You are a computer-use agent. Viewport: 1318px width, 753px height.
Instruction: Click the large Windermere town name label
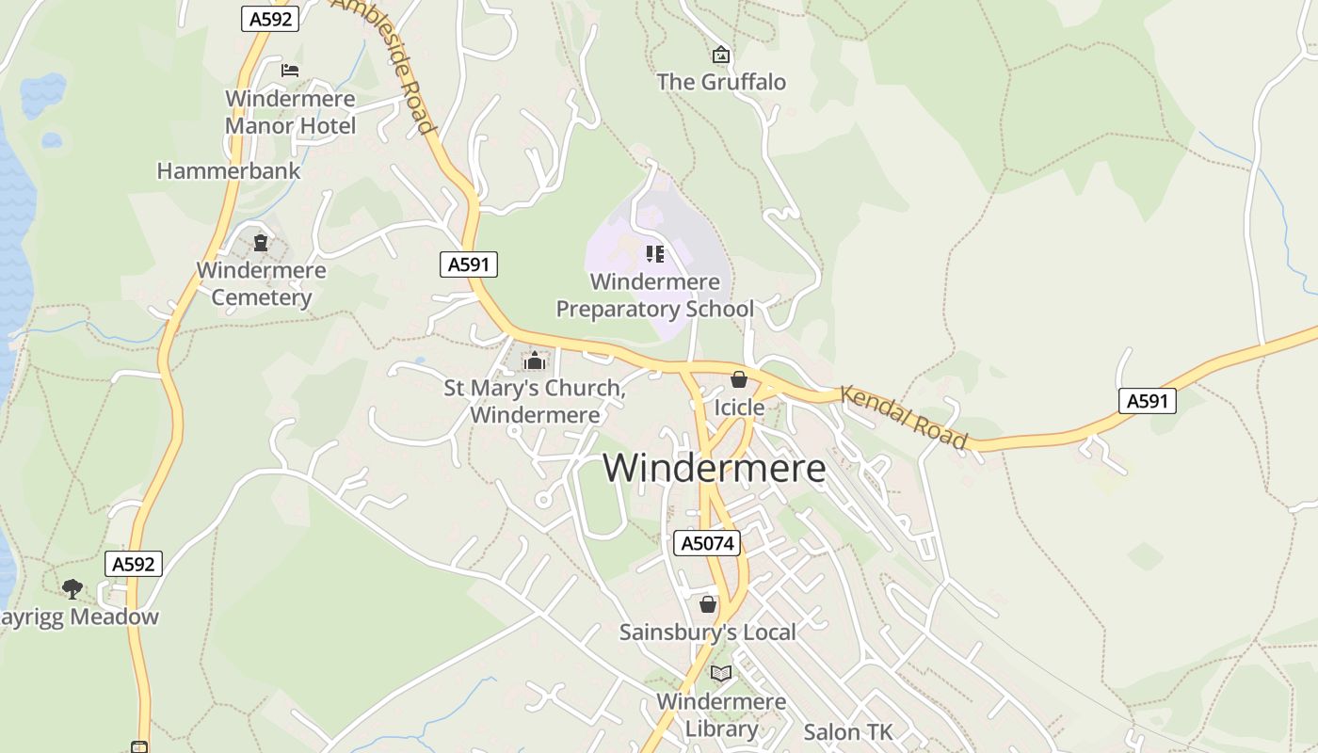pos(714,468)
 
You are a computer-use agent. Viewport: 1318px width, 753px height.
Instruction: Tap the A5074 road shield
pos(707,543)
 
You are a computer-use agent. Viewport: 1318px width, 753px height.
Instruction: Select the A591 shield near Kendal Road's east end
pos(1148,401)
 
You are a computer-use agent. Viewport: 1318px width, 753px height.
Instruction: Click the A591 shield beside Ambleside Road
pos(468,264)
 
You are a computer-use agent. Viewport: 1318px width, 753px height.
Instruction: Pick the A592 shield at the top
pos(270,19)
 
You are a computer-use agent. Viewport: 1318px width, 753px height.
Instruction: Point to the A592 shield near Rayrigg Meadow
pos(133,564)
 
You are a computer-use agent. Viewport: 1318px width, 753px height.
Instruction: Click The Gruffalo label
pos(721,82)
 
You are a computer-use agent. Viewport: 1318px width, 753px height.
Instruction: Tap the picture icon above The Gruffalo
pos(721,56)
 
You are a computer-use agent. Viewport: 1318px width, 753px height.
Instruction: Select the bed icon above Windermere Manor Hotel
pos(290,70)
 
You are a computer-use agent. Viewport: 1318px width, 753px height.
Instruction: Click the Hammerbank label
pos(229,171)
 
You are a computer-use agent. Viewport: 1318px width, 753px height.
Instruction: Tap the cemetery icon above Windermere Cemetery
pos(261,244)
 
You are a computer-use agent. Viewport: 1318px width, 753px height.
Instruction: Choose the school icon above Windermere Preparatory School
pos(655,253)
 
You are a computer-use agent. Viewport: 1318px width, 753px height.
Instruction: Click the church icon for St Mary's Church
pos(535,360)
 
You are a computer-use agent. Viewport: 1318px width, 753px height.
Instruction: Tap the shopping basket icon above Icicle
pos(739,379)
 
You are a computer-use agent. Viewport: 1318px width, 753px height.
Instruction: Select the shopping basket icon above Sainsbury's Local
pos(708,604)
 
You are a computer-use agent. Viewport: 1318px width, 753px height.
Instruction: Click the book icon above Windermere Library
pos(721,674)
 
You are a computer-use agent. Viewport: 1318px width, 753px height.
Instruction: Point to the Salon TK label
pos(847,732)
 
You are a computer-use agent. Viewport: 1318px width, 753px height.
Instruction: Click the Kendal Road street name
pos(904,417)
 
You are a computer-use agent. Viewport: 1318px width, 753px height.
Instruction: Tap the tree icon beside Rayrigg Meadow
pos(72,589)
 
